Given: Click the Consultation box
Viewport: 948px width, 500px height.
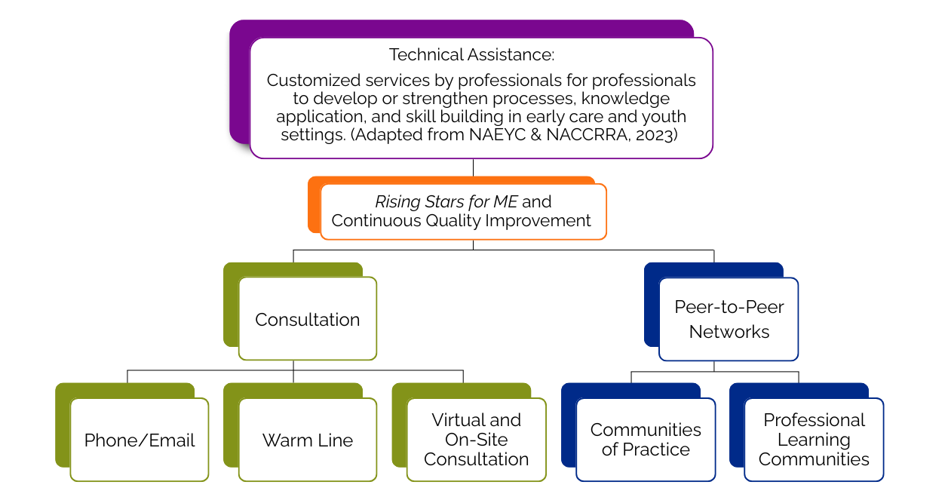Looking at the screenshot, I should point(307,319).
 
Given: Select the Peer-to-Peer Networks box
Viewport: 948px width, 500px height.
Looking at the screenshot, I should point(729,319).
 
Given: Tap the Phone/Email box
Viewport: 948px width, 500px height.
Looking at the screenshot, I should point(140,440).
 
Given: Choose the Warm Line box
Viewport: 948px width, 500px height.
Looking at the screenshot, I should point(307,440).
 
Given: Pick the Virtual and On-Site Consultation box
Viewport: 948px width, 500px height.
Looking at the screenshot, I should point(476,440).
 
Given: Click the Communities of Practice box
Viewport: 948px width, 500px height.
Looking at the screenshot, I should point(646,440).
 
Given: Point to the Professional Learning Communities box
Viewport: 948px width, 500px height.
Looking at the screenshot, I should point(814,440).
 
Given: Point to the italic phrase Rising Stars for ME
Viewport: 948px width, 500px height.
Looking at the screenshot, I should point(446,202).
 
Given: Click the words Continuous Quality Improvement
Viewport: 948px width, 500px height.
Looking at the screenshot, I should point(462,221).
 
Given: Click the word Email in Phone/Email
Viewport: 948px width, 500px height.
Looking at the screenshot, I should point(172,440).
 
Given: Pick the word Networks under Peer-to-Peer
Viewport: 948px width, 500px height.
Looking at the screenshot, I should point(729,332).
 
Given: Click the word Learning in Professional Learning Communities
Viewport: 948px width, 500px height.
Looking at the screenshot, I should point(814,440).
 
